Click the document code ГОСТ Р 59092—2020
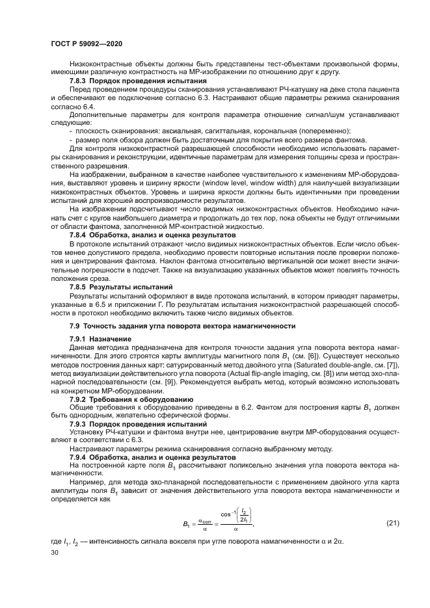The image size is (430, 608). pos(87,43)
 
